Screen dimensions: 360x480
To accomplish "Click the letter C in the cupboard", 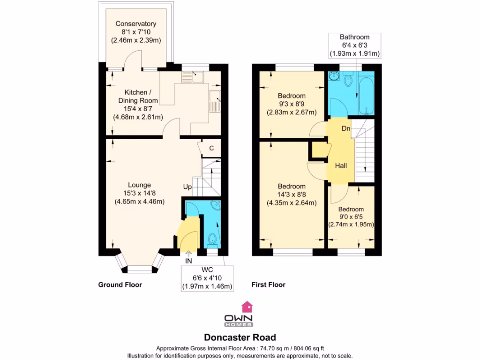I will click(x=211, y=148).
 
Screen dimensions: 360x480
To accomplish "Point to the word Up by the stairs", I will click(x=187, y=187).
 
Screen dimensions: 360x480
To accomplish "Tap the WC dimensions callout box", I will click(x=207, y=279).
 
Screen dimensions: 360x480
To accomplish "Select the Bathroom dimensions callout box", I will click(x=354, y=45).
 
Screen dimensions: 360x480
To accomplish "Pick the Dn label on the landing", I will click(x=346, y=128).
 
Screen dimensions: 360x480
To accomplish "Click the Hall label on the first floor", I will click(x=341, y=165).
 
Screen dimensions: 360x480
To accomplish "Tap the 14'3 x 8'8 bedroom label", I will click(x=291, y=195).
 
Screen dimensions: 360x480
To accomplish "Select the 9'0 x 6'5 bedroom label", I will click(x=351, y=217).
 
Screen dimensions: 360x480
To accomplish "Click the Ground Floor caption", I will click(x=120, y=285).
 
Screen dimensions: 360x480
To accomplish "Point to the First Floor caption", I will click(x=268, y=285).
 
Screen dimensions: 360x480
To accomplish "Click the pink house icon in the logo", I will click(x=246, y=307).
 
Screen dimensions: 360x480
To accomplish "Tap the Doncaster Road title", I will click(x=240, y=337).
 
